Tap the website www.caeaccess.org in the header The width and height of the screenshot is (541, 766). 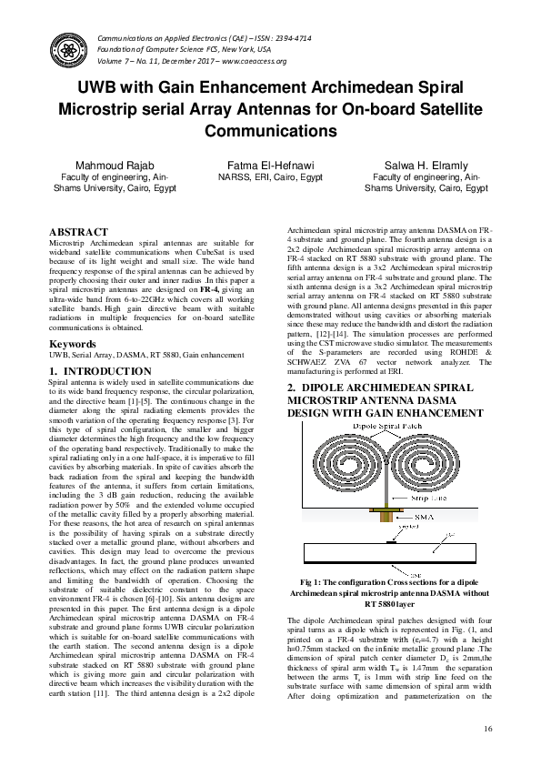(x=255, y=61)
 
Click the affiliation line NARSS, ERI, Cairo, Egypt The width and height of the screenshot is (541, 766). (x=271, y=178)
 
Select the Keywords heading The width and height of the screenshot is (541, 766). (x=72, y=345)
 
